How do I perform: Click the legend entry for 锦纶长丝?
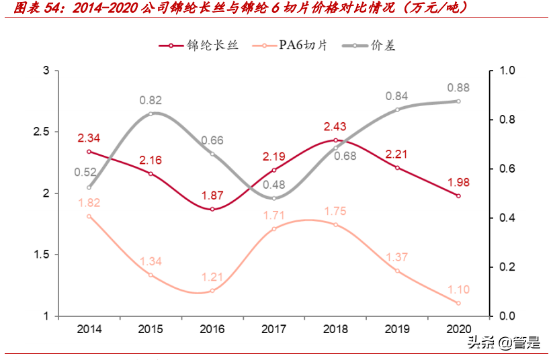[194, 46]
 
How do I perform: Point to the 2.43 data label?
[335, 126]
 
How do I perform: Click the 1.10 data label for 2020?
[458, 289]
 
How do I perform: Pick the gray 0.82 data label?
[151, 100]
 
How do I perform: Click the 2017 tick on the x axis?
[273, 329]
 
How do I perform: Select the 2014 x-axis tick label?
[89, 329]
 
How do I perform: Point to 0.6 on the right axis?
[507, 169]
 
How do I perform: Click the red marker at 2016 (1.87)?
[212, 209]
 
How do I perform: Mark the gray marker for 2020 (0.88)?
[458, 101]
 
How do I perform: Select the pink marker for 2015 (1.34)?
[151, 275]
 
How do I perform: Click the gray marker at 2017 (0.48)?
[273, 198]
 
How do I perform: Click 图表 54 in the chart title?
[35, 8]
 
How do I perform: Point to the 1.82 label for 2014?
[89, 202]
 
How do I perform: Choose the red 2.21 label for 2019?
[396, 154]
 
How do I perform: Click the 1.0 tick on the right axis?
[507, 71]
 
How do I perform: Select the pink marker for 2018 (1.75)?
[335, 224]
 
